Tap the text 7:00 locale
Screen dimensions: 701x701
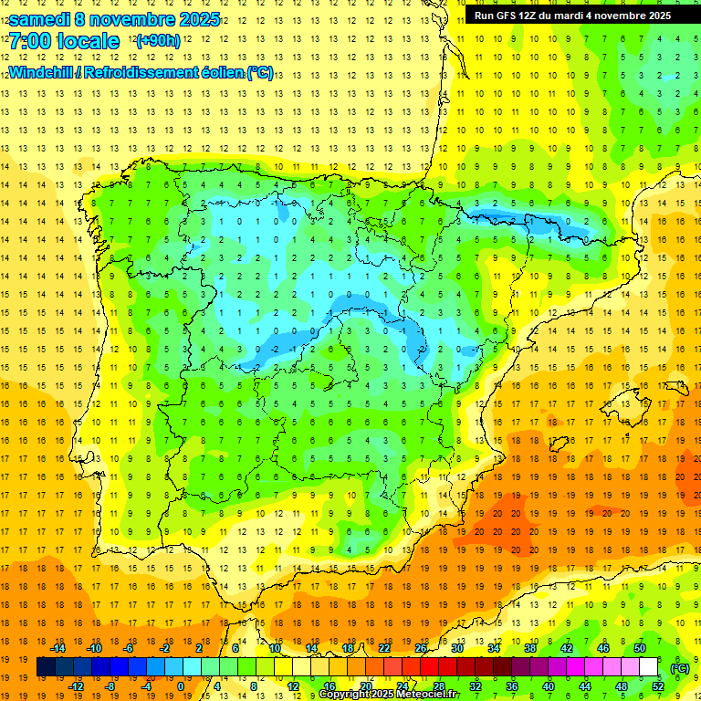point(64,41)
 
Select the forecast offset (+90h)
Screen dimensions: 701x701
point(158,41)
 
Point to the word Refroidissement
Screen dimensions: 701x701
point(144,72)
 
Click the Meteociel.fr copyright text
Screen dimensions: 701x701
point(389,695)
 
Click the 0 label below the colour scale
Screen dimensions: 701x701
point(181,686)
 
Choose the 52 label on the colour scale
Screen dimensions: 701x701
point(658,686)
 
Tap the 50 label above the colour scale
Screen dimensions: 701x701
point(639,648)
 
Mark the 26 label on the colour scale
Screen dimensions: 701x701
point(421,648)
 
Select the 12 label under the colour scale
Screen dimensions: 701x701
point(293,686)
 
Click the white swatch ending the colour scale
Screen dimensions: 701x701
point(649,667)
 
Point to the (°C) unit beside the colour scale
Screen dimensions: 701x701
point(680,667)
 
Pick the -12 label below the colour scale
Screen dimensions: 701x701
point(76,686)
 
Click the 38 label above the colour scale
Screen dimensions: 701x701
point(529,648)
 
